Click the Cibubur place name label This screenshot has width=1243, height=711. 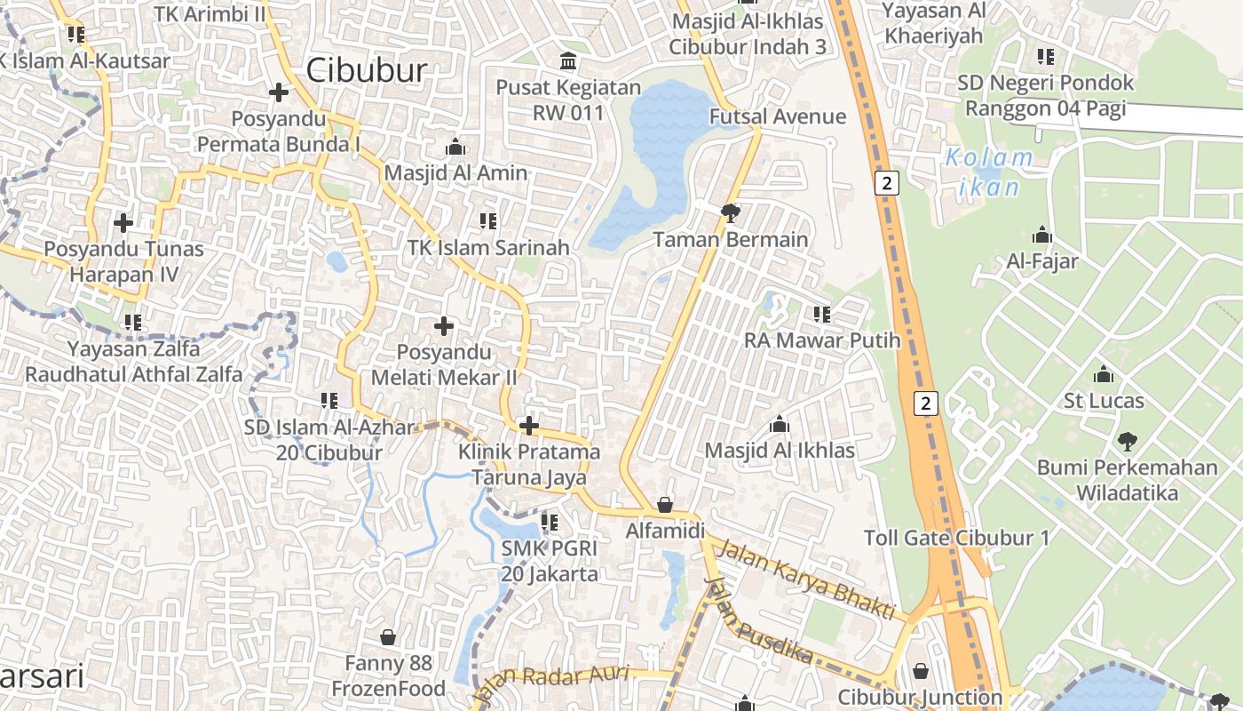pos(367,70)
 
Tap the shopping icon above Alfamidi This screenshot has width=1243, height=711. pos(664,506)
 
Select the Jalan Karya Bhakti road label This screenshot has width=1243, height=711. pos(805,579)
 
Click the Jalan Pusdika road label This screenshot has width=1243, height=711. pos(759,620)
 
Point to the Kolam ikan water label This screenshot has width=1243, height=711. pos(988,172)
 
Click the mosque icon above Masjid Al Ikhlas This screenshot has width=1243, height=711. pos(780,424)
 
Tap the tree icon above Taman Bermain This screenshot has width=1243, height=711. pos(731,212)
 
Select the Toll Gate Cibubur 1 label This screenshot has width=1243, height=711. pos(956,538)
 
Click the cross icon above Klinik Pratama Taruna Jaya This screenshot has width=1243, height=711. pos(529,426)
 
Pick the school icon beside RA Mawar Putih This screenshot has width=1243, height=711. pos(822,314)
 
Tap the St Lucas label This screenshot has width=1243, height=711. pos(1104,401)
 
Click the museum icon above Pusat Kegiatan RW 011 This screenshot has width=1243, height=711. pos(567,61)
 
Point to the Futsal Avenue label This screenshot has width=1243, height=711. pos(778,116)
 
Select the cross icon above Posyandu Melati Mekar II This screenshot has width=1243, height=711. pos(443,326)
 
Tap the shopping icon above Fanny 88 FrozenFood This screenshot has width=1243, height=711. pos(388,637)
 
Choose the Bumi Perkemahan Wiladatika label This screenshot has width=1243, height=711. pos(1128,480)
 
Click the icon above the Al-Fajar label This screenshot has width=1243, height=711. pos(1042,236)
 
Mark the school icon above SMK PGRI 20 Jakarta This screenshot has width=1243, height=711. pos(550,523)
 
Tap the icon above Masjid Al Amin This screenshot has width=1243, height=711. pos(455,147)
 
